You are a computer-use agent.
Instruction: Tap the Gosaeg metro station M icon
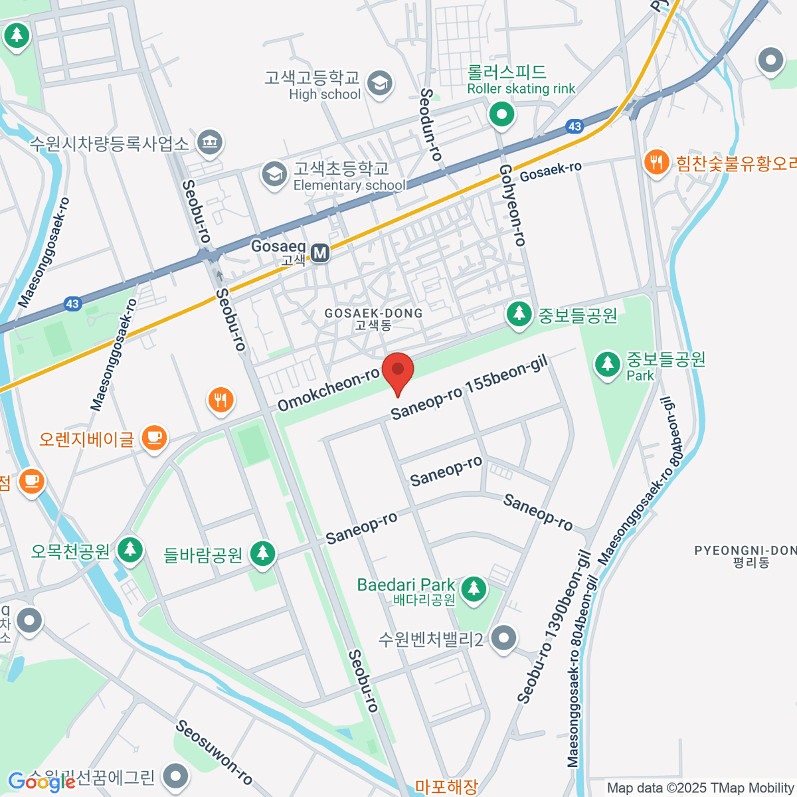pos(321,253)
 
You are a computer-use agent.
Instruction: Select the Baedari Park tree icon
pos(473,588)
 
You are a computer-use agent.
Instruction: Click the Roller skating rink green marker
pos(502,114)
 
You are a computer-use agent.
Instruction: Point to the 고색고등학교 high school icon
pos(380,84)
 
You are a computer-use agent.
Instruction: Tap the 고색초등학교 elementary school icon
pos(274,174)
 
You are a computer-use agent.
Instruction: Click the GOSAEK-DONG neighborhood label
pos(373,318)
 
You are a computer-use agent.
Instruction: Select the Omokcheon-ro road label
pos(329,390)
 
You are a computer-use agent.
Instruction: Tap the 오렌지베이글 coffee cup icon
pos(155,438)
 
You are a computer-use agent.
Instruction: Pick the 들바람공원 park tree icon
pos(263,553)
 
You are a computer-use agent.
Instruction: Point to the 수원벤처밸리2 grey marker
pos(504,639)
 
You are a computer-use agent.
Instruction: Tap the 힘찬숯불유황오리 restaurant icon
pos(656,162)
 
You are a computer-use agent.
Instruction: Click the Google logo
pos(41,782)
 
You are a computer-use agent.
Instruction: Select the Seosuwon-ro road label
pos(214,753)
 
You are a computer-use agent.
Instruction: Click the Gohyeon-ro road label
pos(512,205)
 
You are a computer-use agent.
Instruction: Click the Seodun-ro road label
pos(430,125)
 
